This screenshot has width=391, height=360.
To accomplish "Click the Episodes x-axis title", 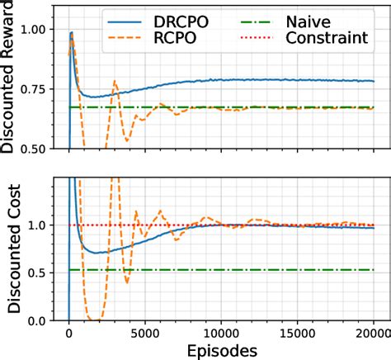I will click(x=222, y=350).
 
